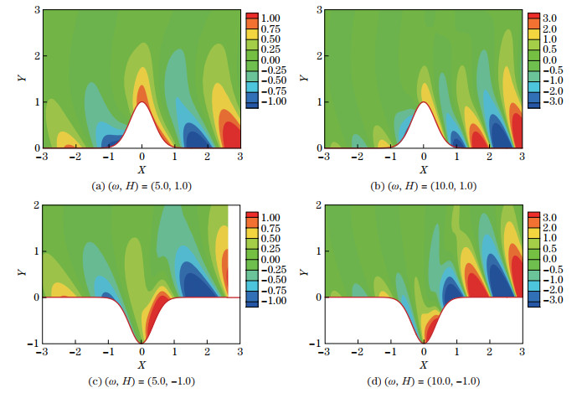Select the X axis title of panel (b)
tap(424, 167)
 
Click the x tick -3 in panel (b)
tap(325, 157)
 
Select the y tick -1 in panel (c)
tap(28, 344)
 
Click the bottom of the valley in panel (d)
tap(424, 341)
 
